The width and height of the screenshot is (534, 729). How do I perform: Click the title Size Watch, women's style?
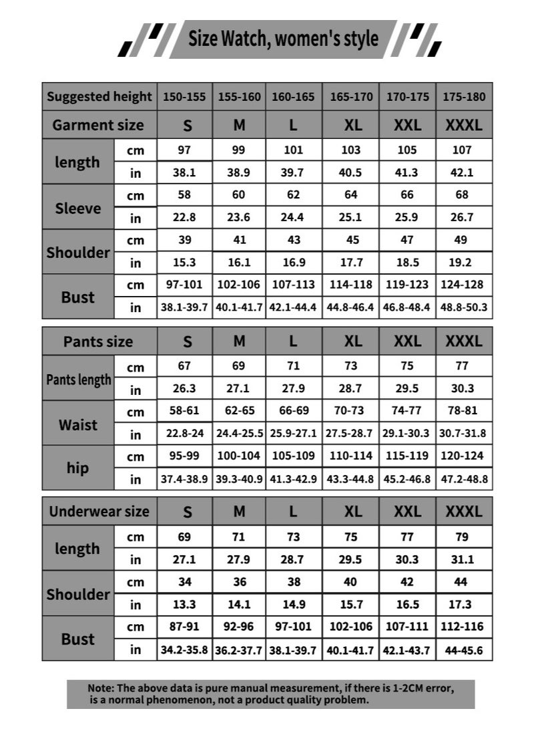(x=283, y=39)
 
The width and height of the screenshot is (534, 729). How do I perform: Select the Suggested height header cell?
(x=99, y=96)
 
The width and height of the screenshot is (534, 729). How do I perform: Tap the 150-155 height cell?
(x=185, y=96)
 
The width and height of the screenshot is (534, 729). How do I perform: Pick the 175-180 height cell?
(x=464, y=96)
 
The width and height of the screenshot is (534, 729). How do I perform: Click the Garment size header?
(x=98, y=124)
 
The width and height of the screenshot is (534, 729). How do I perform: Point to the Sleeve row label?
(x=78, y=208)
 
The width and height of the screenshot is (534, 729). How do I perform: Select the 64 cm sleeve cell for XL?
(x=351, y=195)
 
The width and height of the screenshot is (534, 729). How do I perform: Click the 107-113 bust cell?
(x=294, y=285)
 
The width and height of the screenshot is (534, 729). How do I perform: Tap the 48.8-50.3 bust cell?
(x=464, y=307)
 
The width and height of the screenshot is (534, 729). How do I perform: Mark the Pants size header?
(x=98, y=341)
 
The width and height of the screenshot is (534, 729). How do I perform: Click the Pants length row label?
(x=79, y=380)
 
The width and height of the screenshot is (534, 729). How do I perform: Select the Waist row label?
(x=78, y=424)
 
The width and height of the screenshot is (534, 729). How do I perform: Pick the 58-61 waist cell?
(x=185, y=411)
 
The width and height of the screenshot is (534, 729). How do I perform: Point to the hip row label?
(x=78, y=468)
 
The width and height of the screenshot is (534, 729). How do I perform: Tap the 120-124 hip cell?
(x=464, y=456)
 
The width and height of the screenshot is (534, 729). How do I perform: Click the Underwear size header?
(x=99, y=512)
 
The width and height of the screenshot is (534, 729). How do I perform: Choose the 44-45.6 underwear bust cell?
(x=464, y=649)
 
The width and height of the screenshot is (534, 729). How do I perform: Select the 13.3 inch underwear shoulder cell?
(x=185, y=604)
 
